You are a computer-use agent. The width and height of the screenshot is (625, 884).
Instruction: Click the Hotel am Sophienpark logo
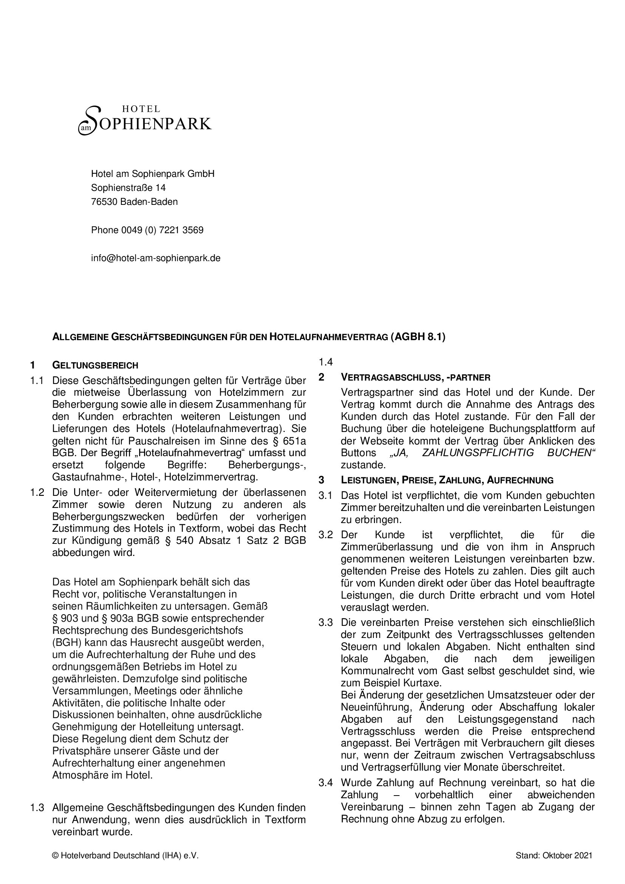(145, 121)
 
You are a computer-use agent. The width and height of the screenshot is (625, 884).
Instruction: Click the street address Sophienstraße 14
(128, 188)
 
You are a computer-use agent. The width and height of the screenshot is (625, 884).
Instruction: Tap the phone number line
(147, 230)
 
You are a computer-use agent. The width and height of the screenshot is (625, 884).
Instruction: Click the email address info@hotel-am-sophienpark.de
(155, 259)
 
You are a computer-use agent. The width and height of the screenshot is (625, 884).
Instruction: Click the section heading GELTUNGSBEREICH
(95, 365)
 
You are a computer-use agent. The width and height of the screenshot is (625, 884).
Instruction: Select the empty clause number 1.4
(326, 362)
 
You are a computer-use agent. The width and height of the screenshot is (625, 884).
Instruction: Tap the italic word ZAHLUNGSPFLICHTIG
(478, 453)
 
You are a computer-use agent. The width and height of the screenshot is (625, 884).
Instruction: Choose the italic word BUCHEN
(571, 453)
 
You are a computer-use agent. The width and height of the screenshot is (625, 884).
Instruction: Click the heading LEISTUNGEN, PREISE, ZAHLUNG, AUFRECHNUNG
(447, 480)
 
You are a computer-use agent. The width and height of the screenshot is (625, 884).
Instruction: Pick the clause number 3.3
(326, 622)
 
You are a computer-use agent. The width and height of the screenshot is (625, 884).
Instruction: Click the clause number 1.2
(37, 492)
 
